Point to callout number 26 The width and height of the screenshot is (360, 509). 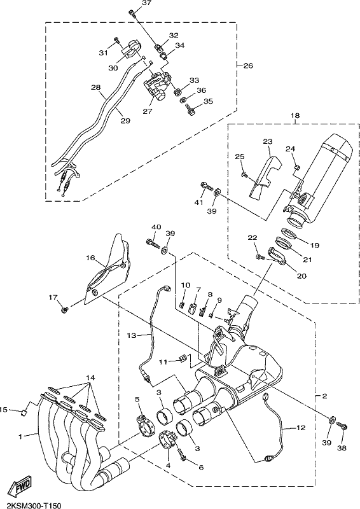tap(248, 66)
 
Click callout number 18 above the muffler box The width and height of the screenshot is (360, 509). tap(295, 115)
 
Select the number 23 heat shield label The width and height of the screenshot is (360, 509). tap(268, 141)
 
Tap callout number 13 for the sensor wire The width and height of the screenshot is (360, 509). tap(132, 336)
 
